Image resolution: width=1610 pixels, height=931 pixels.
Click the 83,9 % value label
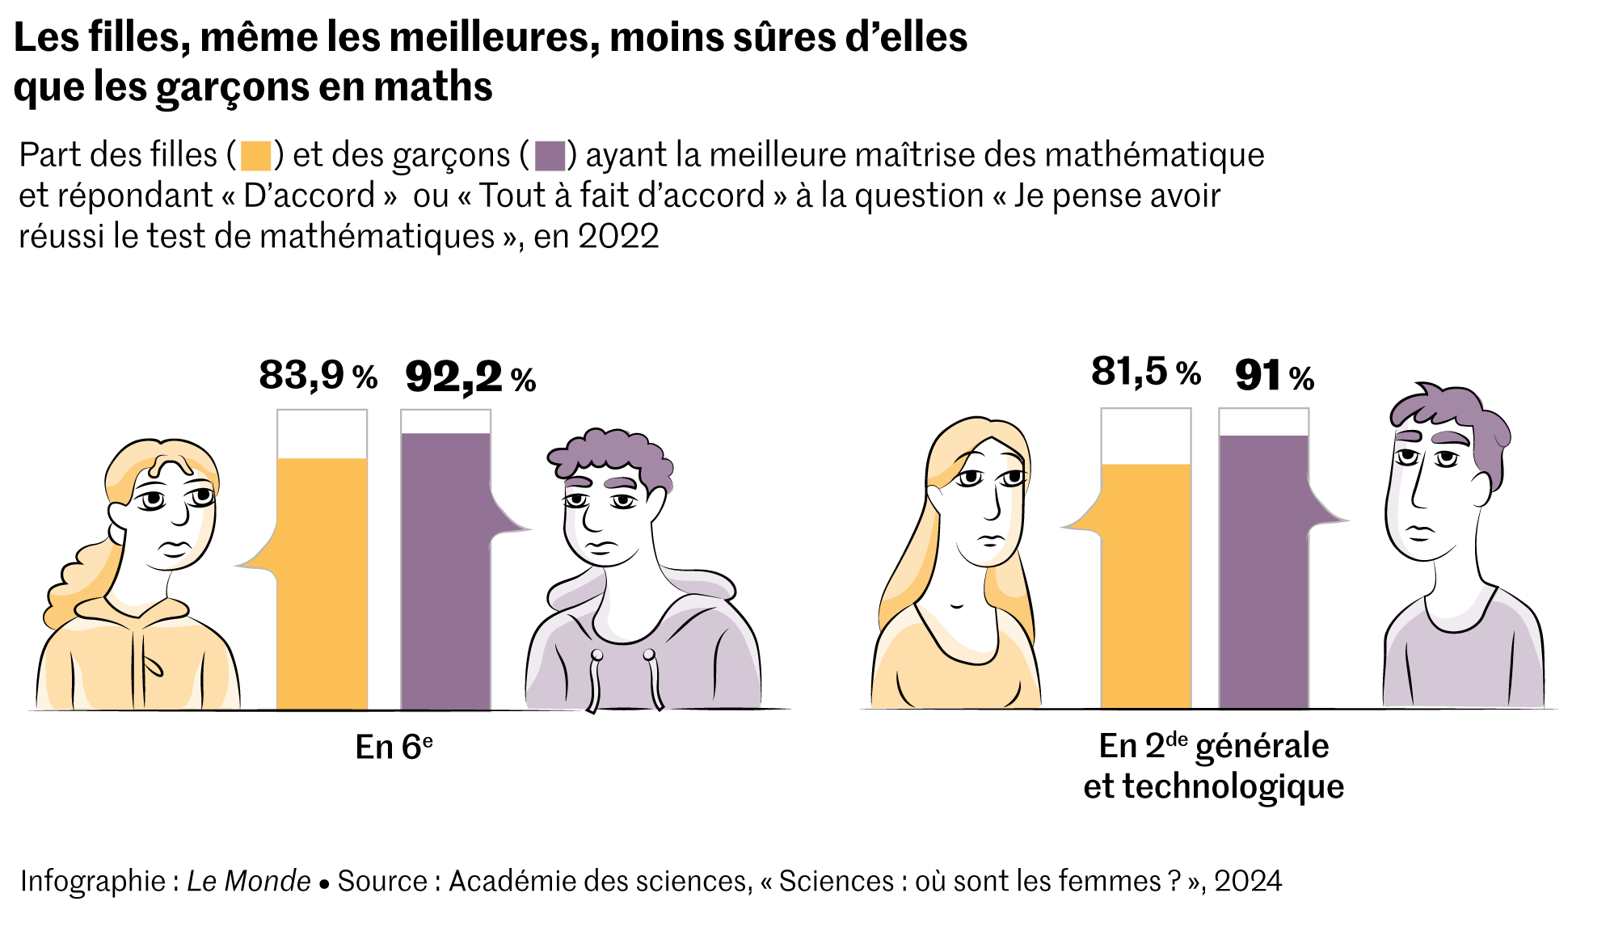(318, 375)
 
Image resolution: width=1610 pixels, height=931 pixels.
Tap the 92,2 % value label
(470, 377)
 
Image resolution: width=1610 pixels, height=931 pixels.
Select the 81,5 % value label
(1145, 372)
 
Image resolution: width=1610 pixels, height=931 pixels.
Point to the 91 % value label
(1274, 376)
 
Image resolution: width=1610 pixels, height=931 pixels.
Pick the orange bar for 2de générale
(1145, 586)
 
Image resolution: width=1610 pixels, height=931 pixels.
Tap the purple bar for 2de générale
(1263, 572)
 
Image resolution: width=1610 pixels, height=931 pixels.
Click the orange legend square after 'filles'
(256, 155)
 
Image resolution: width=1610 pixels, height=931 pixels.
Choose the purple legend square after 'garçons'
(550, 155)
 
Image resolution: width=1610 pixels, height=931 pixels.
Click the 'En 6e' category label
(394, 747)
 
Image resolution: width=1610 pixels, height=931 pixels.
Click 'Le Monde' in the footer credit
(248, 881)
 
